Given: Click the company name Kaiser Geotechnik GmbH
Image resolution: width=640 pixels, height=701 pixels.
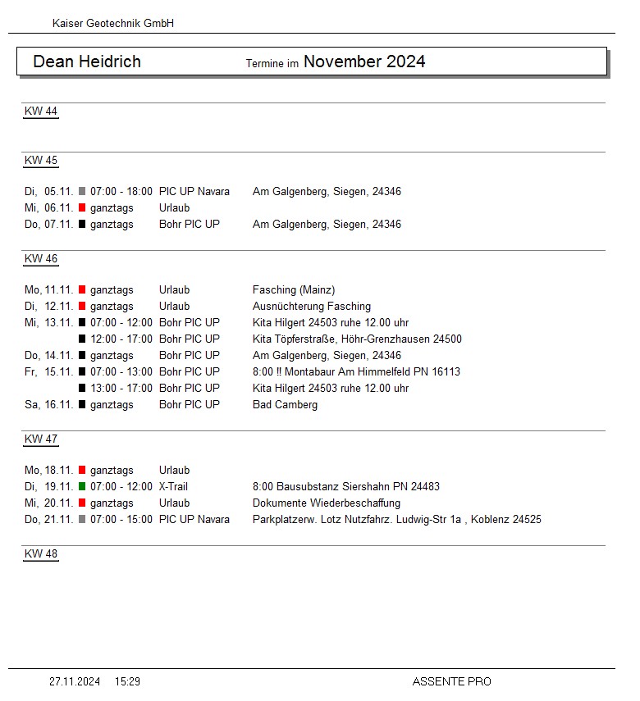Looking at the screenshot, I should (113, 24).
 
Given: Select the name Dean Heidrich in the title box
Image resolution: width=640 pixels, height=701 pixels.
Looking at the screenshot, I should (87, 61).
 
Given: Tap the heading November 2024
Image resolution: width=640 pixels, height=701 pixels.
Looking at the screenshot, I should (364, 61).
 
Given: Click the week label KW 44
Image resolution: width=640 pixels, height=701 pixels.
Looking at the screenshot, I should (41, 112).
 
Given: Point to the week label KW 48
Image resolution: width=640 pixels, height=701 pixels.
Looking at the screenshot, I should (41, 554).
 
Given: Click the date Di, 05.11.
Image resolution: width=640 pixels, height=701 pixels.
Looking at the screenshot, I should (48, 192).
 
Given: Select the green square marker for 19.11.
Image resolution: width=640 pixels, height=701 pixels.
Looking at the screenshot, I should (82, 487).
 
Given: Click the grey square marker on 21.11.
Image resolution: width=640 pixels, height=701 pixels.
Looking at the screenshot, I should (82, 520).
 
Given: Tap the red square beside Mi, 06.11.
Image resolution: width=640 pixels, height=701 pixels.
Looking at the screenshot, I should (82, 208).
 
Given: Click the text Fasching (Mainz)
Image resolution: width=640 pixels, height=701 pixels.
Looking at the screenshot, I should (294, 290).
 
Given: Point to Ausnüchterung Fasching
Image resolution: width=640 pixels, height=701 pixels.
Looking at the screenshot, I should (312, 307).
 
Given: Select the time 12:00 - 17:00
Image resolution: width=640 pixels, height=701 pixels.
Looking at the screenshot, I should (121, 339).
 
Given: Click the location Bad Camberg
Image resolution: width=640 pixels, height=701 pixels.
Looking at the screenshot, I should (285, 405).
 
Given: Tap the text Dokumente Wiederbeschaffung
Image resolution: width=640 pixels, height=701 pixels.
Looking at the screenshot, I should (327, 503).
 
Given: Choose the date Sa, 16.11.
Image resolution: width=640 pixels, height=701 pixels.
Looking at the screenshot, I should (48, 405).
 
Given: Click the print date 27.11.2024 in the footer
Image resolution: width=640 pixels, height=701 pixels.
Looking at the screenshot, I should (75, 681).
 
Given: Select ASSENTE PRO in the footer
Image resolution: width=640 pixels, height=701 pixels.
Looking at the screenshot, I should (451, 681).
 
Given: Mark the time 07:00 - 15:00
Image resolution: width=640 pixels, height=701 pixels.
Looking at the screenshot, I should (121, 520).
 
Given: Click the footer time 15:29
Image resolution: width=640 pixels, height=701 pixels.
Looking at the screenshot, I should (127, 681).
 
